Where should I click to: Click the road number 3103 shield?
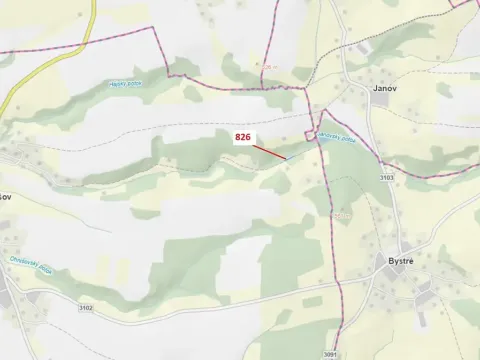tap(387, 178)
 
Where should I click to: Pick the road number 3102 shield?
tap(85, 308)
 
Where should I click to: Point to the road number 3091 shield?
tap(330, 354)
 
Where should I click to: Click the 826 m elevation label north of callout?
tap(267, 66)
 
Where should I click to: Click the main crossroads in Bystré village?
tap(423, 290)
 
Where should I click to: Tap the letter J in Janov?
tap(371, 88)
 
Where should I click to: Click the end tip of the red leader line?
tap(286, 158)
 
